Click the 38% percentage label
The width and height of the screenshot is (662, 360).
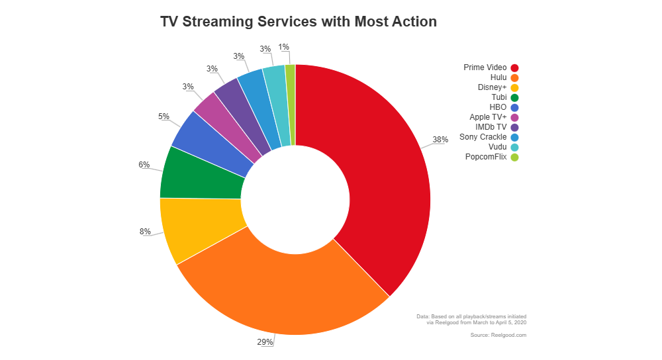click(440, 140)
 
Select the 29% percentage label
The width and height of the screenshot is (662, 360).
click(265, 341)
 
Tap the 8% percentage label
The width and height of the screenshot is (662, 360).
click(144, 232)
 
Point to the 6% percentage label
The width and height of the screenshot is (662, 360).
click(144, 164)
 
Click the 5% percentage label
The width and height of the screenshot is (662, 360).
click(163, 116)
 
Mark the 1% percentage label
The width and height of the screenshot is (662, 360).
click(283, 47)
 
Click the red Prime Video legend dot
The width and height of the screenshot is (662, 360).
click(514, 67)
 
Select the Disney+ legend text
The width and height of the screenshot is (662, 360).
click(492, 87)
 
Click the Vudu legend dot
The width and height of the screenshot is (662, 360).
click(514, 147)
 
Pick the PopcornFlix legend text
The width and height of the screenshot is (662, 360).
click(486, 157)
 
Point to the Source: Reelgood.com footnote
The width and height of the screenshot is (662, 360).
click(498, 336)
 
